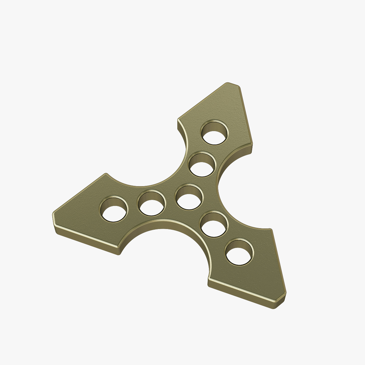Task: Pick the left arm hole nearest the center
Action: point(151,203)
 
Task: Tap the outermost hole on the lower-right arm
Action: point(239,252)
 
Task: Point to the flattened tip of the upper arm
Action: point(232,85)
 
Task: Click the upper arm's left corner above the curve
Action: point(178,120)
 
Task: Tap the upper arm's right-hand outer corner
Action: point(252,143)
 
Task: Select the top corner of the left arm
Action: point(106,174)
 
